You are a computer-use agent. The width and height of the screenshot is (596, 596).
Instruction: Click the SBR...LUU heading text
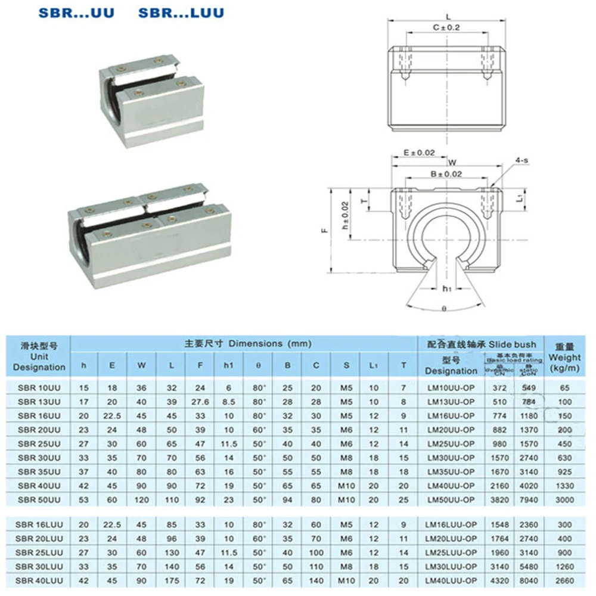[x=181, y=13]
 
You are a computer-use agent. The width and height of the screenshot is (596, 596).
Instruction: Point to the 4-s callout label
[x=523, y=160]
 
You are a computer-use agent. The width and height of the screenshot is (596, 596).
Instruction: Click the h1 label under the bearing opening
[x=446, y=288]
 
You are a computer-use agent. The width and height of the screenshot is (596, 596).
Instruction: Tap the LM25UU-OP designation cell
[x=451, y=444]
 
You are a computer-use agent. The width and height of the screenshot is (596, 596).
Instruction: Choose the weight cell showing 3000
[x=564, y=499]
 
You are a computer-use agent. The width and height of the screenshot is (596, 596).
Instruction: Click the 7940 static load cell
[x=529, y=499]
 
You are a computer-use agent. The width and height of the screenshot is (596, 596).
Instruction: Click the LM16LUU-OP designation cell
[x=451, y=524]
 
